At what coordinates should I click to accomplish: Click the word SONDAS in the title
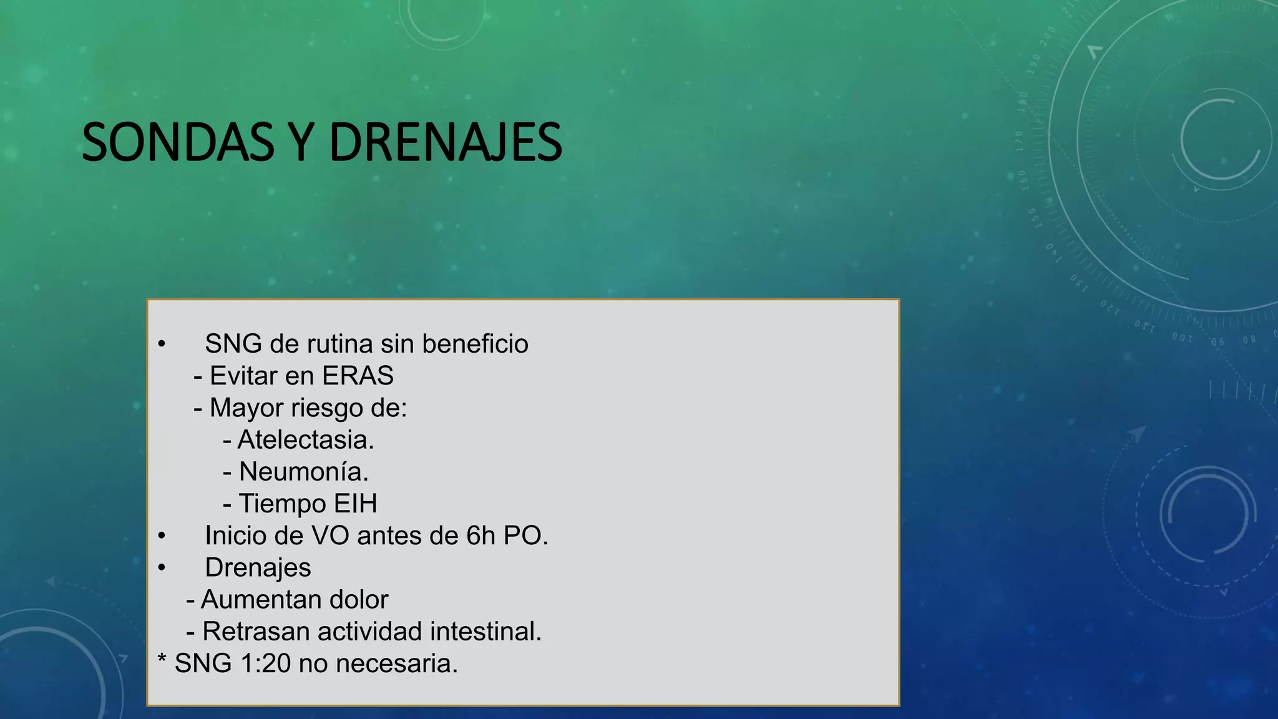click(178, 142)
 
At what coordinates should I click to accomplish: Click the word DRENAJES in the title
click(446, 142)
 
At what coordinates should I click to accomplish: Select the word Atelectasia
click(306, 440)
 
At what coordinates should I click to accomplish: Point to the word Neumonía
click(304, 472)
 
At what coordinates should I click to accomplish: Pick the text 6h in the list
click(480, 536)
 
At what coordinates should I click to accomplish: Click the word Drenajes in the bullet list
click(258, 568)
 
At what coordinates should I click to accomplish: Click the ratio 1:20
click(265, 663)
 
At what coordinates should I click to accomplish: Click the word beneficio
click(475, 344)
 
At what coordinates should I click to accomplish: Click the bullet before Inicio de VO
click(162, 536)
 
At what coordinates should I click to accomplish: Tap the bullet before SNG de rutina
click(162, 344)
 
